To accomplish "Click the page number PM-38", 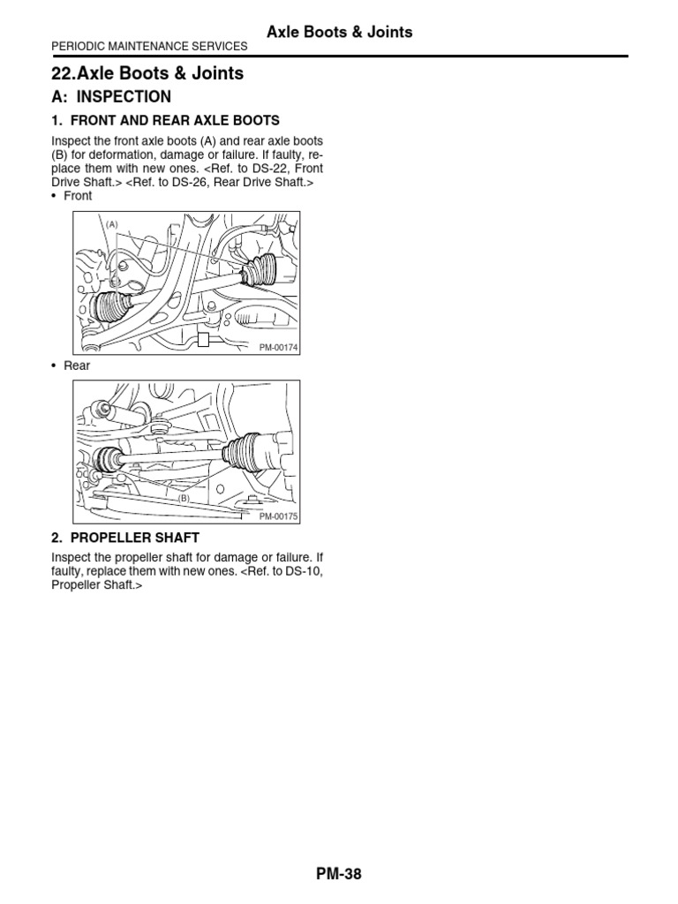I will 339,874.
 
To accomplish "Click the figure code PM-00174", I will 279,348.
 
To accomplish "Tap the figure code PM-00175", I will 279,516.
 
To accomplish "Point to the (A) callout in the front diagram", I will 112,224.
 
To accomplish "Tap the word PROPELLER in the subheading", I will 108,538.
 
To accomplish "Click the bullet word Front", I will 78,196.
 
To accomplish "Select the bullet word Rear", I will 76,365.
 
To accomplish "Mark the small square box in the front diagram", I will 203,340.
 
